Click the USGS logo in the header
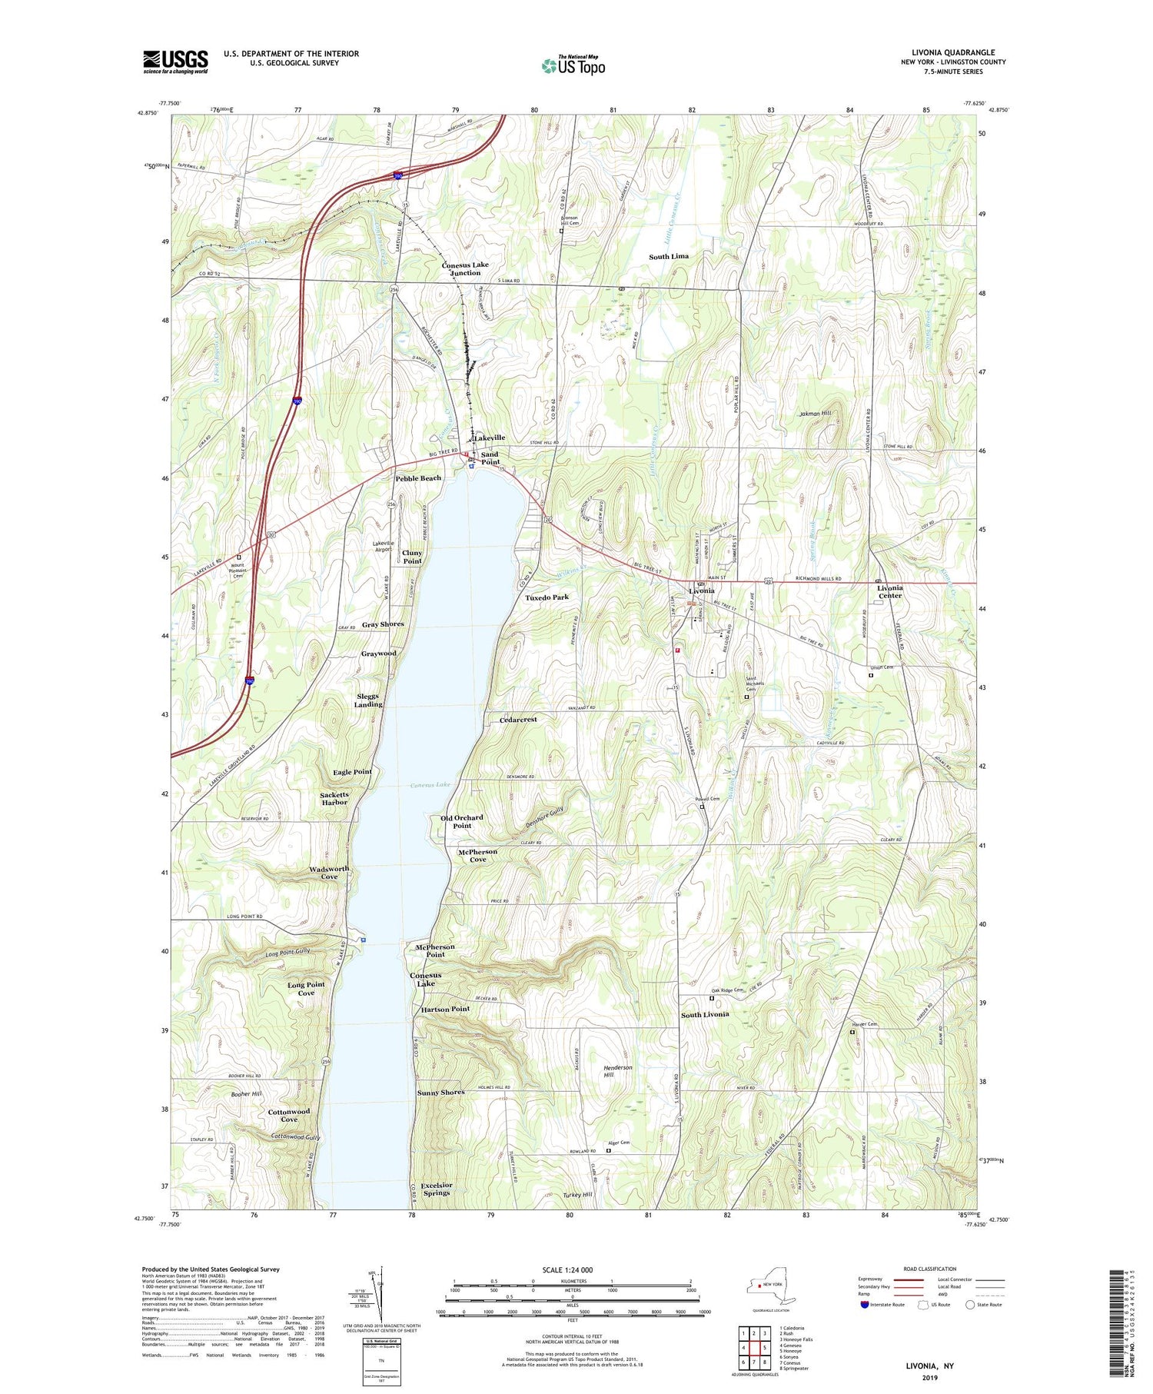point(175,62)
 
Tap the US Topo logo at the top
point(573,66)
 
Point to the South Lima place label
point(669,256)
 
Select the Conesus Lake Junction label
point(465,268)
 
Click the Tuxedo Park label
point(547,597)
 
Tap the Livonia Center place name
point(889,591)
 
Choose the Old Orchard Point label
point(461,821)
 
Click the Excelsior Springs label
point(436,1189)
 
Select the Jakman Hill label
point(815,413)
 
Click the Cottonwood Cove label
point(289,1116)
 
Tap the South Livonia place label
point(705,1015)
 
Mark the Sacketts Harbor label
point(334,798)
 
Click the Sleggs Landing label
point(367,700)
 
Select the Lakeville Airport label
point(384,547)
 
